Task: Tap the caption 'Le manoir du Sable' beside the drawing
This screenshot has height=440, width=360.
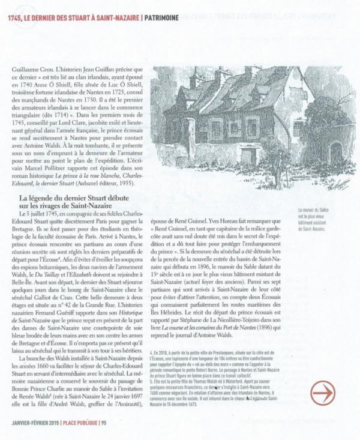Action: point(321,211)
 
